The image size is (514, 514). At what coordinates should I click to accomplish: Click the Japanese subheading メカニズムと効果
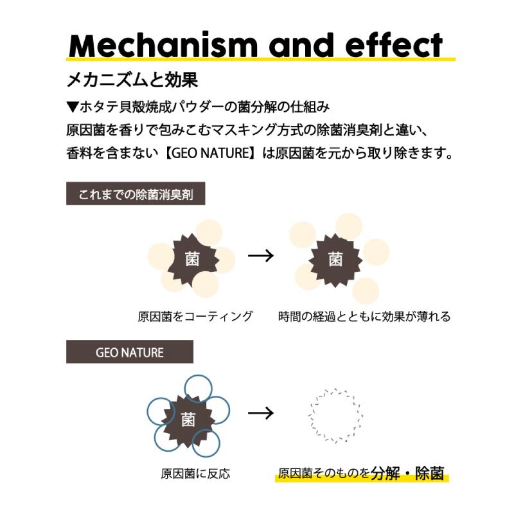point(132,80)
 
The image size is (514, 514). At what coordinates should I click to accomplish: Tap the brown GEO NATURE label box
point(129,352)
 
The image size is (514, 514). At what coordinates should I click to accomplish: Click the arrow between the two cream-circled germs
point(261,255)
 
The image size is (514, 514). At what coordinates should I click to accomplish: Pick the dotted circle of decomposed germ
point(335,414)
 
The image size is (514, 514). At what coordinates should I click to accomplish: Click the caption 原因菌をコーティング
point(195,316)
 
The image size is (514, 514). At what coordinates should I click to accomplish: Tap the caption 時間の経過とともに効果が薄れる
point(364,316)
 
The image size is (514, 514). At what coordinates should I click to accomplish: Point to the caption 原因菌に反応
point(195,474)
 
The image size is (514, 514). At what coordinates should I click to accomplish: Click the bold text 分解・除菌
point(407,473)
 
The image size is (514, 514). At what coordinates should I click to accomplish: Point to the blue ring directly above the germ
point(198,387)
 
